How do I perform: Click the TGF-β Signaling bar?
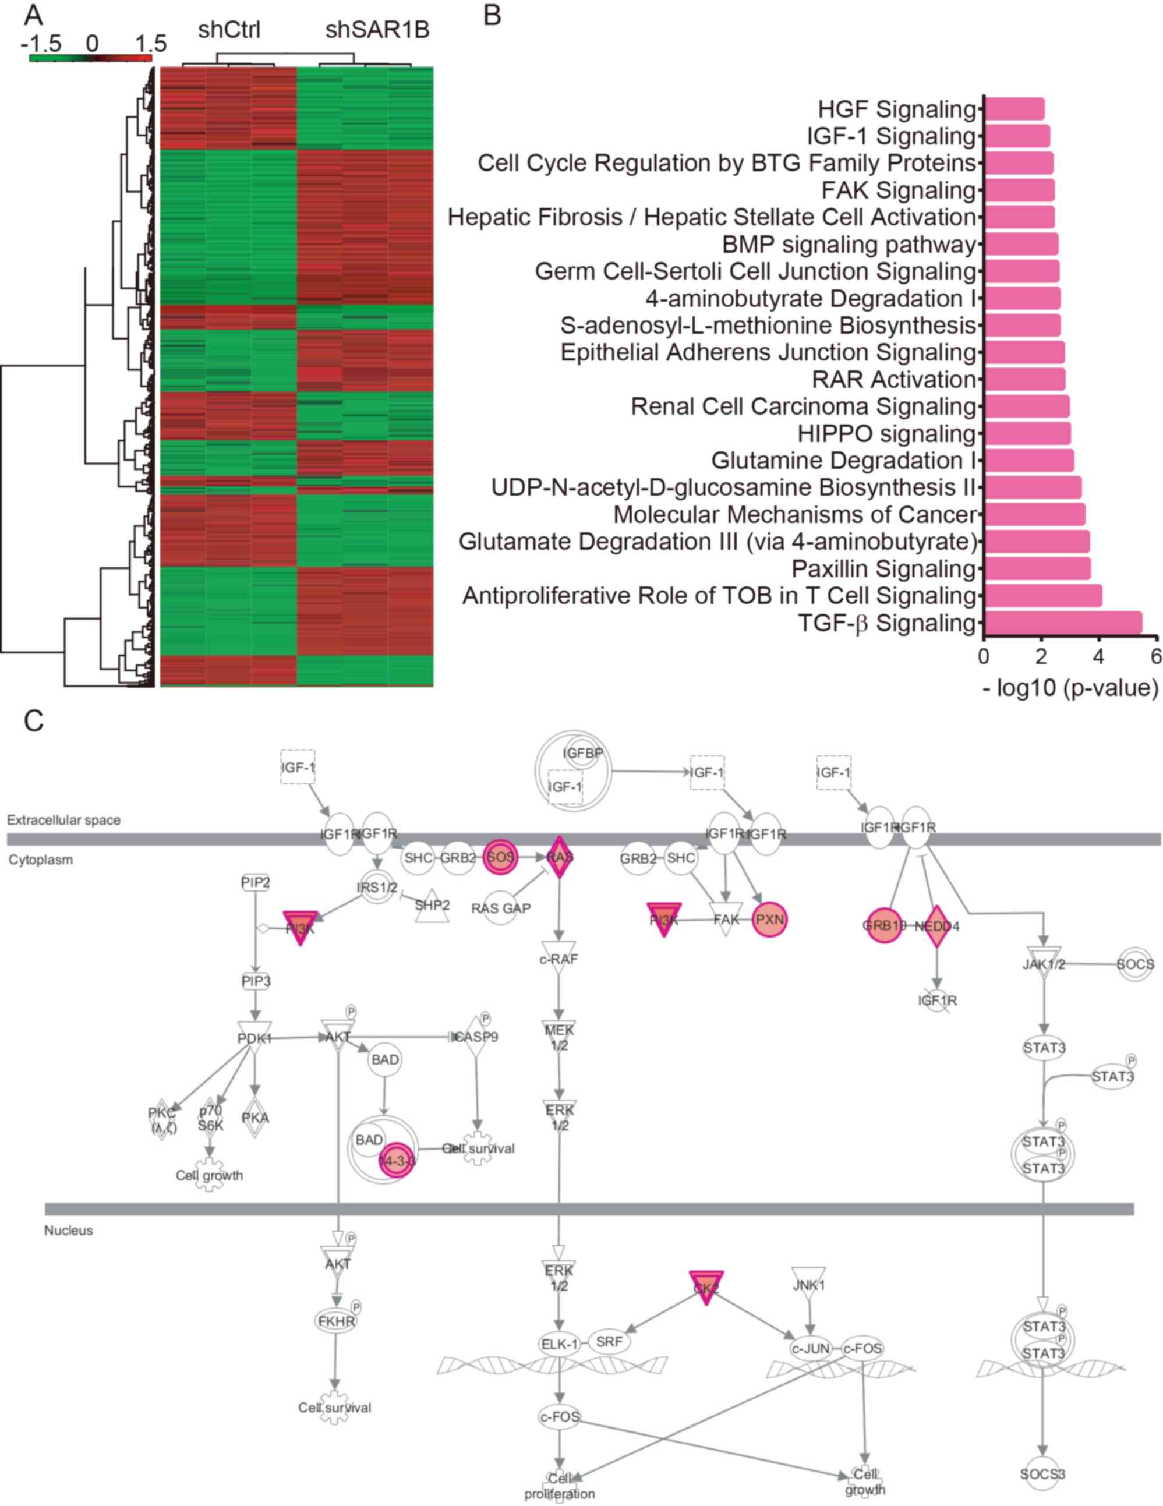coord(1062,623)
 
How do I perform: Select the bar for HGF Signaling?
coord(1014,109)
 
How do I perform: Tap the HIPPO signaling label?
coord(886,434)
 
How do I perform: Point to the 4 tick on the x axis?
coord(1099,656)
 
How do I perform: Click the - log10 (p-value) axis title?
coord(1070,688)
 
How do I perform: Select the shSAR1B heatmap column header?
coord(377,31)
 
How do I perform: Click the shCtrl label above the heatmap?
coord(229,31)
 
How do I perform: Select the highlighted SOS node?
coord(500,857)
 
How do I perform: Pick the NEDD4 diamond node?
coord(936,926)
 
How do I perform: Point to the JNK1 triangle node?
coord(809,1284)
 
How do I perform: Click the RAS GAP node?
coord(501,908)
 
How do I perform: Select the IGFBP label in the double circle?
coord(582,754)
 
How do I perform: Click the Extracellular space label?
coord(64,820)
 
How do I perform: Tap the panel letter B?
coord(492,15)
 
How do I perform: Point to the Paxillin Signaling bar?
coord(1038,569)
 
